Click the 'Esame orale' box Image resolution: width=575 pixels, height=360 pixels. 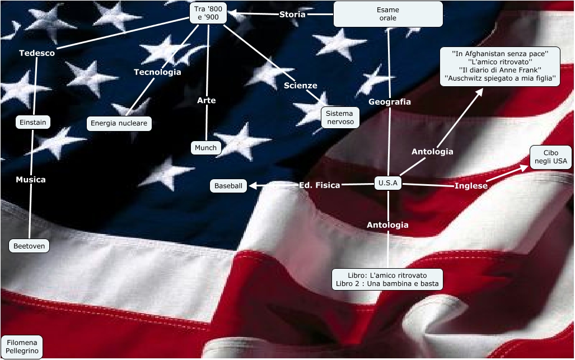pos(387,14)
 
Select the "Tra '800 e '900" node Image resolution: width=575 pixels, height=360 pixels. pos(208,13)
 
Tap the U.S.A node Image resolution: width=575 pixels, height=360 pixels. pos(387,183)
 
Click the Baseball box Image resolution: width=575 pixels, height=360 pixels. pos(228,186)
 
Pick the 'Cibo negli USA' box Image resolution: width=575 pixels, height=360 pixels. pos(550,157)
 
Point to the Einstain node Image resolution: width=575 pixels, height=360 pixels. pos(32,122)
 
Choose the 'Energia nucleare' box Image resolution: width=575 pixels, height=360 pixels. pos(119,123)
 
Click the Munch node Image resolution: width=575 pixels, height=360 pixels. pos(206,148)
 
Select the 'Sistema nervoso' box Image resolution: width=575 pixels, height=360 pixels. pos(340,118)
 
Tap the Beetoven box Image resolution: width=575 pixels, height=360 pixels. pos(29,246)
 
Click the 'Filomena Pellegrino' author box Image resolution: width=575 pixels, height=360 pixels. pos(21,347)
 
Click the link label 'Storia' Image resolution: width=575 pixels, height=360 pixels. pos(292,15)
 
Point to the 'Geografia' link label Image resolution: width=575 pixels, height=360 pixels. pos(390,102)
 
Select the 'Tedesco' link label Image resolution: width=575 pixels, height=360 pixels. pos(37,53)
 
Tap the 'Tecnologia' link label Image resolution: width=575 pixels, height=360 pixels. pos(157,72)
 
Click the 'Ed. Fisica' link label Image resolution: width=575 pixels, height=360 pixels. pos(320,185)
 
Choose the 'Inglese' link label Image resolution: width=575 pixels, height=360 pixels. pos(471,186)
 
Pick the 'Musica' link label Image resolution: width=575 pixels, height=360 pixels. pos(31,180)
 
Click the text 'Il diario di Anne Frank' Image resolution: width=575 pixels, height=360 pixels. pos(500,70)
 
